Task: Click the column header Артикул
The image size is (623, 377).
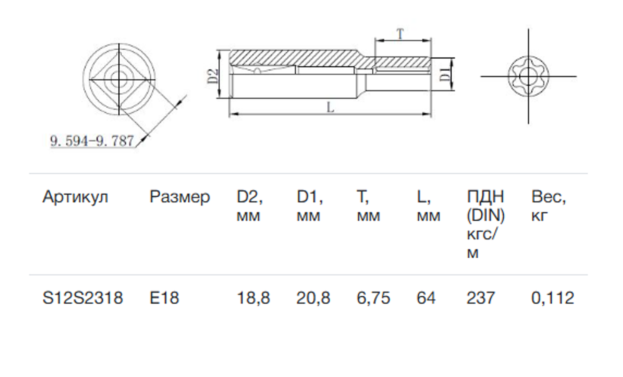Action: pos(75,197)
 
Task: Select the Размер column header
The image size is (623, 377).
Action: pos(179,197)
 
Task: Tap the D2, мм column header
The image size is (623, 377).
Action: pos(250,207)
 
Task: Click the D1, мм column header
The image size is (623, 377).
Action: pos(309,207)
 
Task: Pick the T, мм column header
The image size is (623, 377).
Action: pos(368,207)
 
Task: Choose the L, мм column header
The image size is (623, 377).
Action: pos(428,207)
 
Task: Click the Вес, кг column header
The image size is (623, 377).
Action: pos(548,207)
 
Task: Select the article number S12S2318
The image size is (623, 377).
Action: pos(83,298)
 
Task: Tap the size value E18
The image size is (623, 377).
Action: pos(164,298)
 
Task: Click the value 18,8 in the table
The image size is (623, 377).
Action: pos(254,298)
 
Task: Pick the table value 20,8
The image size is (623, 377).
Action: pos(313,298)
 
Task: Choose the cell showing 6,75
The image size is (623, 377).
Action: pos(373,298)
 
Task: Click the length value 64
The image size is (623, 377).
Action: pos(426,298)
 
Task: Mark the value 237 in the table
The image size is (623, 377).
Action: pos(480,298)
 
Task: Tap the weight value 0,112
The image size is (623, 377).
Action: pos(553,298)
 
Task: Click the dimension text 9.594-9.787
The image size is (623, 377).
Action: pos(92,140)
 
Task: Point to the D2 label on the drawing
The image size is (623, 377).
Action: pos(213,75)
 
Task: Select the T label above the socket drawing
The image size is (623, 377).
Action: pos(400,34)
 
